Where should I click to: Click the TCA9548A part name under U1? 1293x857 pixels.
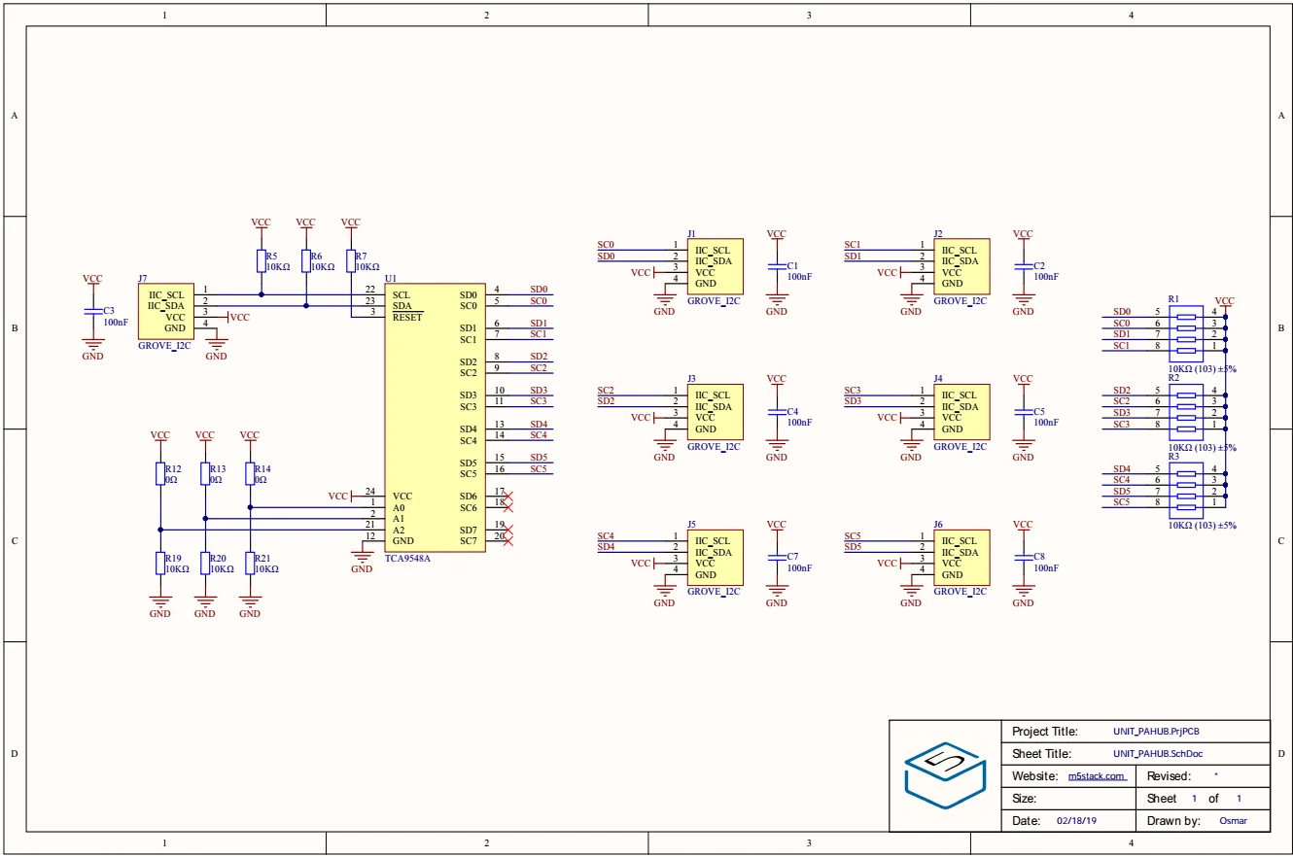click(407, 558)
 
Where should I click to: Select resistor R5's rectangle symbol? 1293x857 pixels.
click(261, 260)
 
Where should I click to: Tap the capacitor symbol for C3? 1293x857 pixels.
click(93, 312)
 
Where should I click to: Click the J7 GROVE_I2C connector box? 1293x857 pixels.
click(165, 311)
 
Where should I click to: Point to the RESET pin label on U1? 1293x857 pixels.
click(407, 318)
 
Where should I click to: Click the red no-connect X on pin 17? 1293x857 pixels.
click(507, 497)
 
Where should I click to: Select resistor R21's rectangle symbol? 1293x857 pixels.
click(249, 564)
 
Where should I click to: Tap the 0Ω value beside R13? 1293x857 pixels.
click(215, 480)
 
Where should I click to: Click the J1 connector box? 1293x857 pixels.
click(715, 266)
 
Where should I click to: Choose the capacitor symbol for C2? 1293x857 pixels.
click(1023, 266)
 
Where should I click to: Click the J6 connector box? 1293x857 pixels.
click(961, 558)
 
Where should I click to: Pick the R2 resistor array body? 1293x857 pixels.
click(1186, 412)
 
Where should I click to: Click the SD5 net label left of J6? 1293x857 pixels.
click(852, 546)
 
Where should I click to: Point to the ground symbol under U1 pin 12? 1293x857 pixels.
click(362, 558)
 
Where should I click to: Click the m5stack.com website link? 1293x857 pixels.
click(1097, 776)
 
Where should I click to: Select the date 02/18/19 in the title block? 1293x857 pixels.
click(1076, 821)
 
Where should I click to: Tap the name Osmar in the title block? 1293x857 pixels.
click(1233, 821)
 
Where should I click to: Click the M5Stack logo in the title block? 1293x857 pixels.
click(945, 775)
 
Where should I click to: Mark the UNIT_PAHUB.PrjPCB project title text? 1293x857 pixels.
click(1156, 732)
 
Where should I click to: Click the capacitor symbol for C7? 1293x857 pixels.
click(777, 558)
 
